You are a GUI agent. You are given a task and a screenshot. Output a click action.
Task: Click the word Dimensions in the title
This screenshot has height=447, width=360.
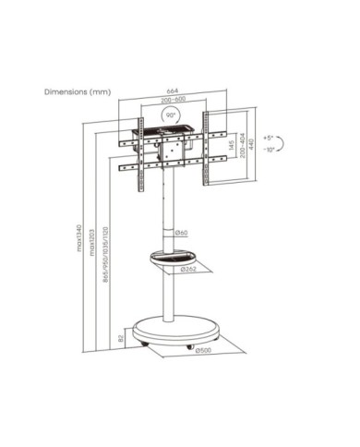[x=63, y=91]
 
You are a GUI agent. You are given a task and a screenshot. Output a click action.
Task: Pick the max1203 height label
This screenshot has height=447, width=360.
[x=92, y=248]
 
